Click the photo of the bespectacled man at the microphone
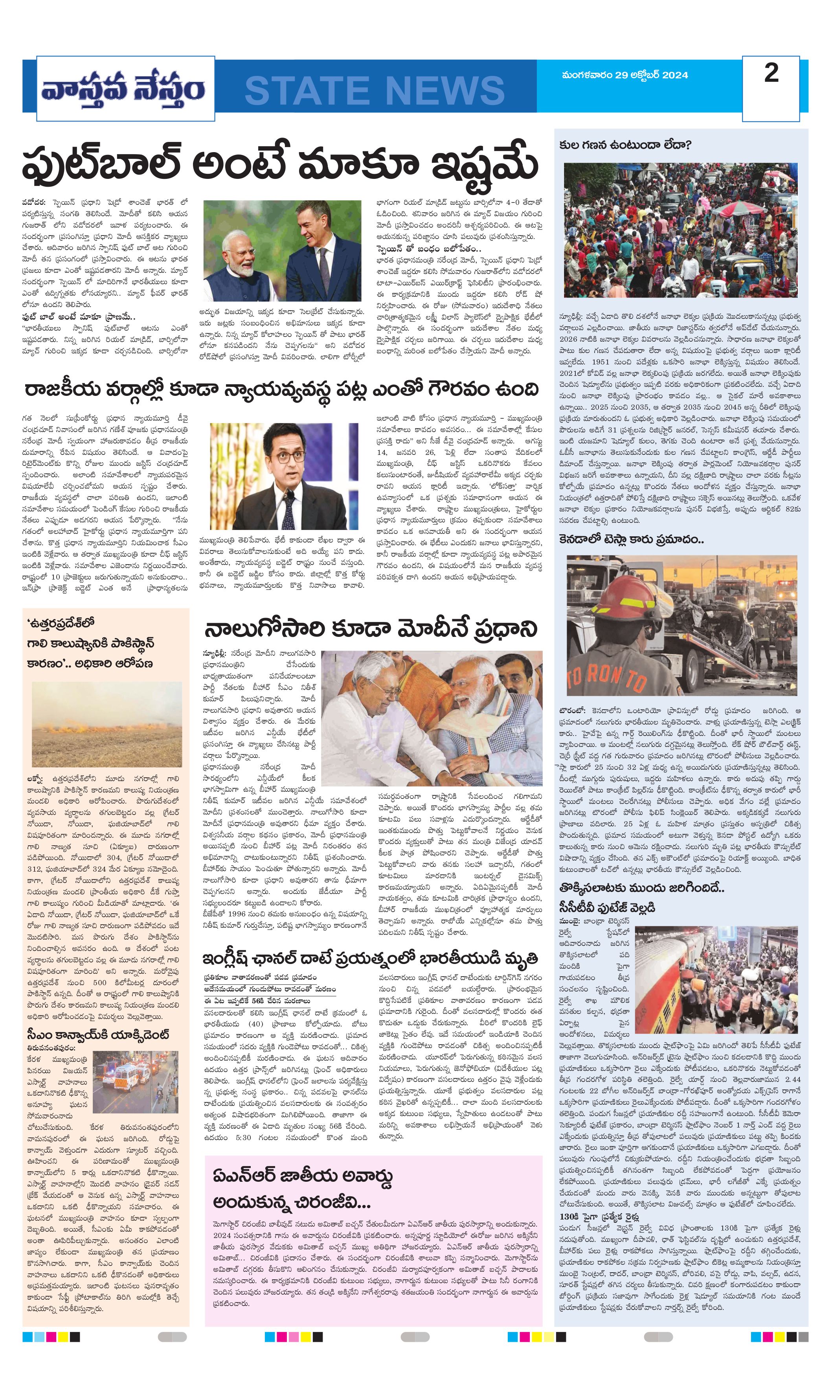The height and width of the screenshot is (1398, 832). pyautogui.click(x=284, y=476)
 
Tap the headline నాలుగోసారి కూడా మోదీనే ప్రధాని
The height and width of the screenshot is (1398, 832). pyautogui.click(x=371, y=629)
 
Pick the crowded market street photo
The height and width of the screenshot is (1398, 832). pyautogui.click(x=680, y=230)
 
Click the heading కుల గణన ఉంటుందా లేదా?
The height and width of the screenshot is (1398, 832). pyautogui.click(x=625, y=145)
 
